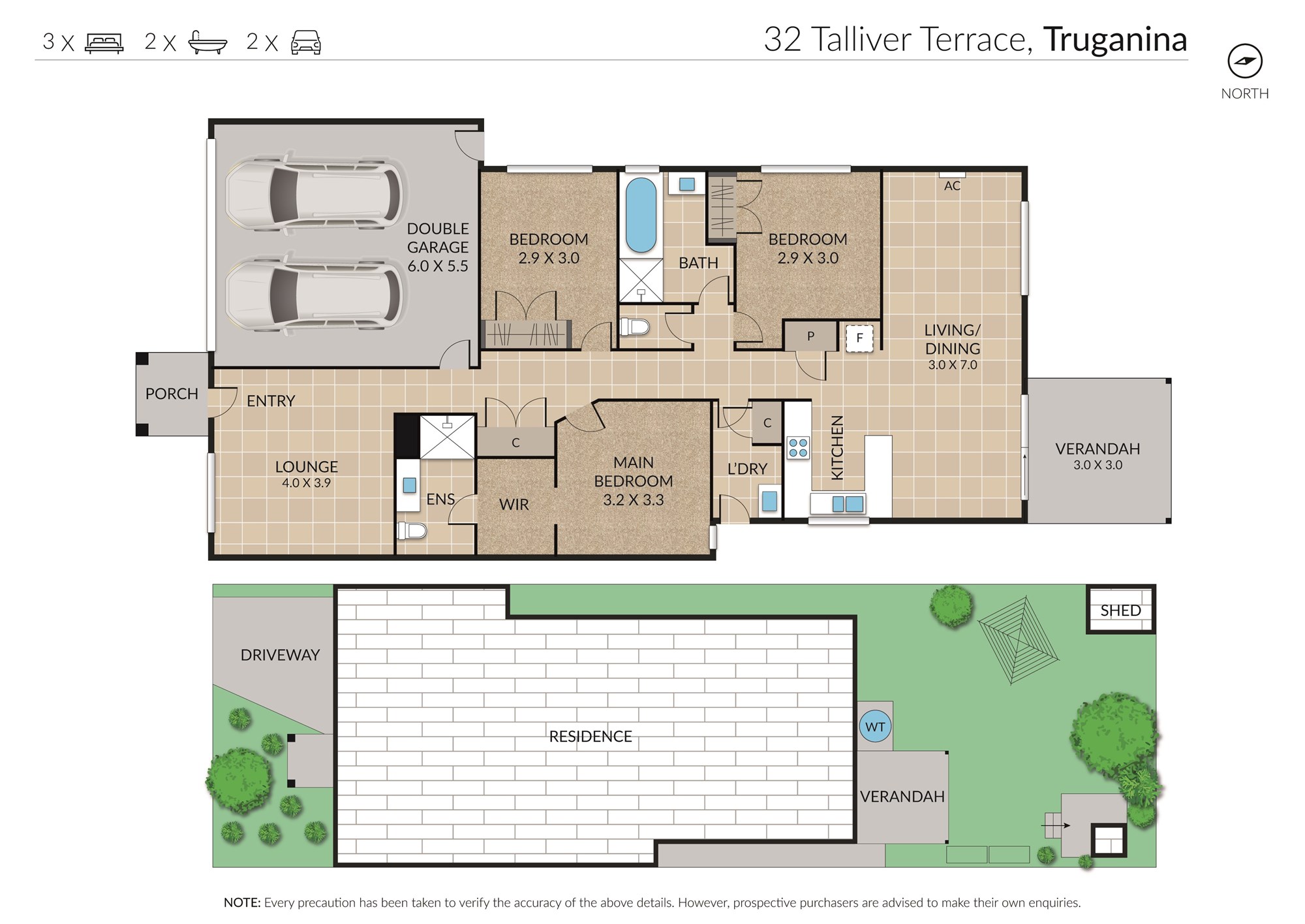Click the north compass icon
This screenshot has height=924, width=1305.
(x=1245, y=61)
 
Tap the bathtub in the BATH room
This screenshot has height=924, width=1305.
(x=641, y=215)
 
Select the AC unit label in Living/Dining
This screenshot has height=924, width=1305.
(x=952, y=185)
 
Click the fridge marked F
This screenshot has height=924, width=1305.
(x=859, y=338)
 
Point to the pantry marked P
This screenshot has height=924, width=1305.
(x=810, y=336)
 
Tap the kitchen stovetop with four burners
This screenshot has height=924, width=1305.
(x=798, y=447)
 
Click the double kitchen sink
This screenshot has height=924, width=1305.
(x=847, y=503)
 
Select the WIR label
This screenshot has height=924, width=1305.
(x=514, y=504)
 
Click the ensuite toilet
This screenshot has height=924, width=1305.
(x=411, y=530)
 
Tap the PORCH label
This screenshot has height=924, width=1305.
(x=172, y=394)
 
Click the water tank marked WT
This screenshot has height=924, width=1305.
(x=875, y=727)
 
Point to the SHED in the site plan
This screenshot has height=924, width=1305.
(x=1120, y=610)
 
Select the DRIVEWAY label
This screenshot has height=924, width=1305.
(x=280, y=655)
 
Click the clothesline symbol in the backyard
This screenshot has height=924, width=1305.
(x=1017, y=639)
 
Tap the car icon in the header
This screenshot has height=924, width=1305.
(x=305, y=42)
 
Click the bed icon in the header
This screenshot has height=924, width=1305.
(x=104, y=43)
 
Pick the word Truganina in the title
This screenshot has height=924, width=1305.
(x=1115, y=39)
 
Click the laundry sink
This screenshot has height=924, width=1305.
(x=770, y=501)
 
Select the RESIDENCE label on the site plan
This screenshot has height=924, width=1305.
(x=591, y=737)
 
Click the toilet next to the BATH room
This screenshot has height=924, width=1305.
(x=635, y=326)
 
